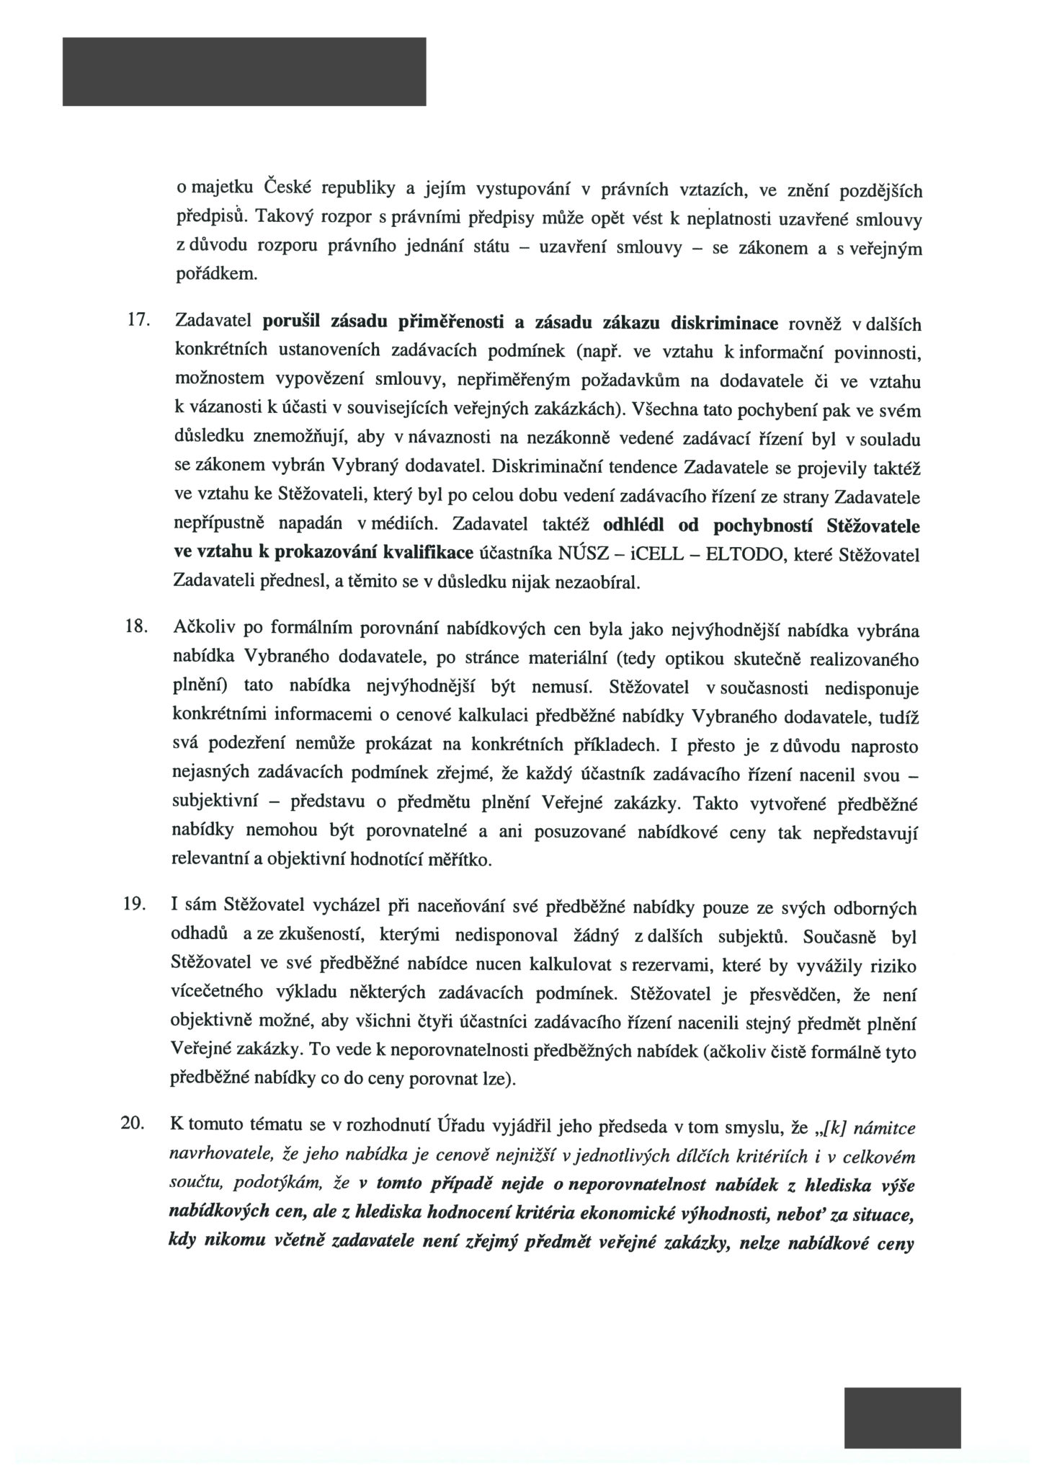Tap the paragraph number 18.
tap(136, 628)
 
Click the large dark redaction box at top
tap(244, 71)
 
